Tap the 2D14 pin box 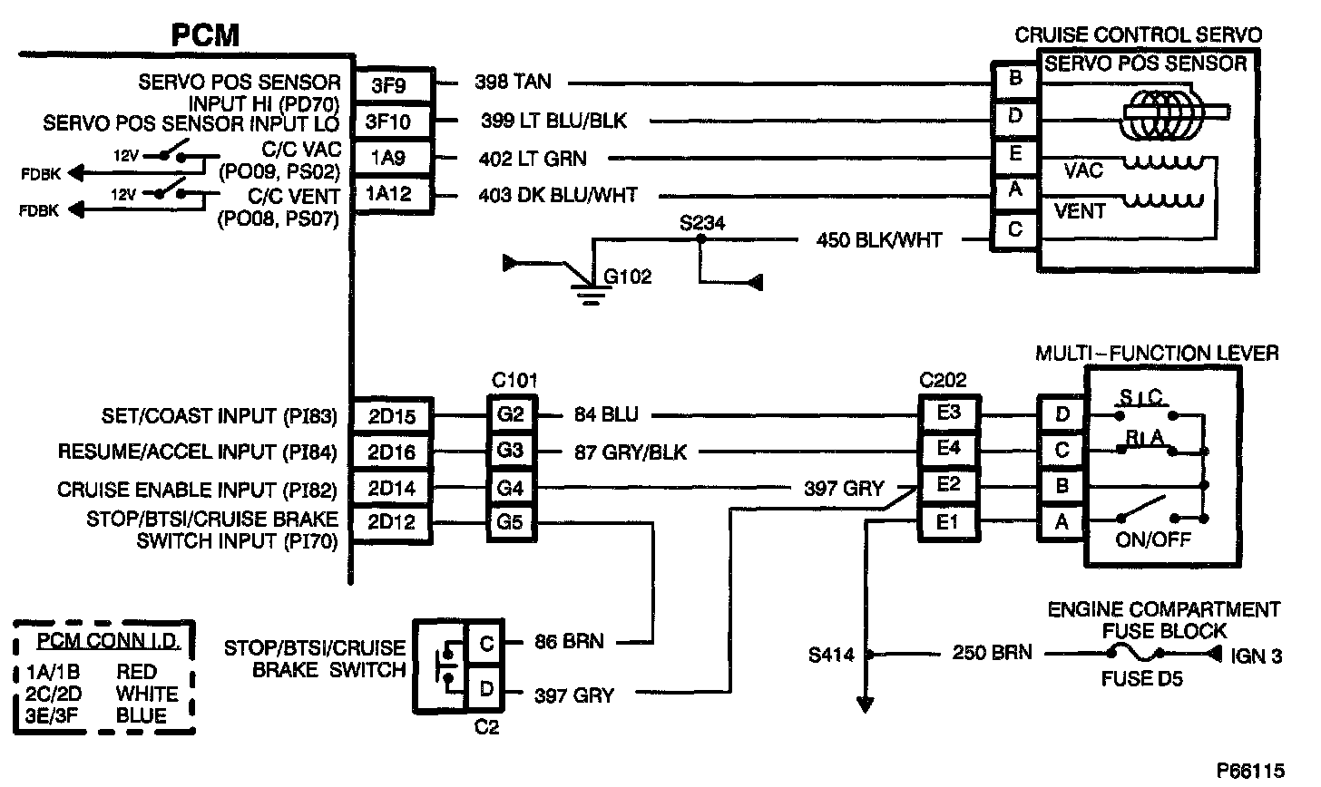point(393,489)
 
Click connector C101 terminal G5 point(511,523)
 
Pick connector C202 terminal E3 point(949,414)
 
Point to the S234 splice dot point(700,240)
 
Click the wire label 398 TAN point(513,83)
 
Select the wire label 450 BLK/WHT point(879,241)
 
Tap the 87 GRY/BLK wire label point(630,452)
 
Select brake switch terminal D point(486,689)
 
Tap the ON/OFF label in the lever point(1154,540)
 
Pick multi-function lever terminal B point(1062,487)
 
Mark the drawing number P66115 point(1251,771)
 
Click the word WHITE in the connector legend point(147,694)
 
